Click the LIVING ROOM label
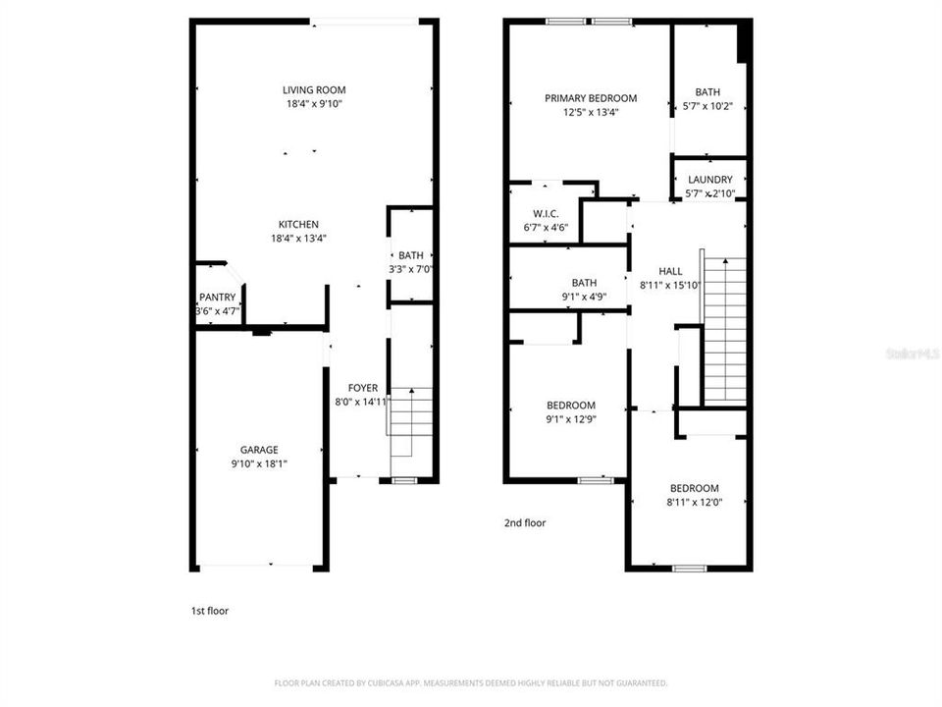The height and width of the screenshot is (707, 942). tap(315, 90)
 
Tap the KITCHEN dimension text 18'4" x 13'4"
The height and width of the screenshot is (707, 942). tap(298, 238)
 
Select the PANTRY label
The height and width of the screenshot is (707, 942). tap(217, 298)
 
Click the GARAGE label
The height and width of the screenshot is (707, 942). tap(259, 450)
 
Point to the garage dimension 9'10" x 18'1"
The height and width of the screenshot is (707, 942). tap(259, 463)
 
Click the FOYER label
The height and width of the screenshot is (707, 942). tap(362, 388)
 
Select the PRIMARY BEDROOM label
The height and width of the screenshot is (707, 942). tap(591, 98)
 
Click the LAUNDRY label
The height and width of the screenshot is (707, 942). tap(709, 180)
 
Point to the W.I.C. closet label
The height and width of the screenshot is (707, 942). tap(546, 214)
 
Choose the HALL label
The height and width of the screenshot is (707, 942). tap(670, 272)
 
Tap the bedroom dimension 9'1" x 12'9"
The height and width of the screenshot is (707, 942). tap(570, 419)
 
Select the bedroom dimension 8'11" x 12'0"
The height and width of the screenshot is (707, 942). tap(694, 502)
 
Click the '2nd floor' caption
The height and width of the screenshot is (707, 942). tap(525, 523)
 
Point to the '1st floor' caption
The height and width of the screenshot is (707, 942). tap(210, 611)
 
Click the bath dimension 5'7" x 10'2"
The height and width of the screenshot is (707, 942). tap(707, 106)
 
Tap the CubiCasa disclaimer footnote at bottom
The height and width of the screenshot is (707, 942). tap(471, 682)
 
